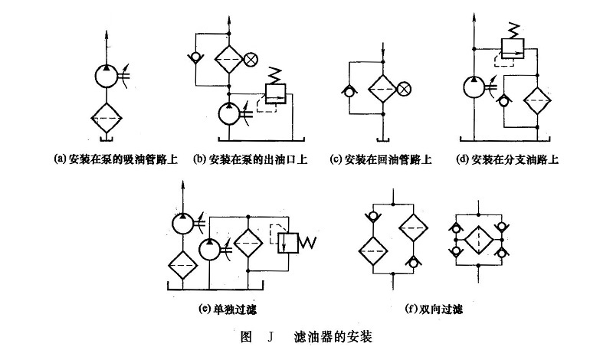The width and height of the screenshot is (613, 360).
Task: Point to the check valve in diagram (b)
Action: pyautogui.click(x=195, y=57)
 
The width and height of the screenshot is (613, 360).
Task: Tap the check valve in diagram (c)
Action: pyautogui.click(x=349, y=90)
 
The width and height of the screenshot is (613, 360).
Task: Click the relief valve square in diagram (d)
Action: pyautogui.click(x=510, y=51)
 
